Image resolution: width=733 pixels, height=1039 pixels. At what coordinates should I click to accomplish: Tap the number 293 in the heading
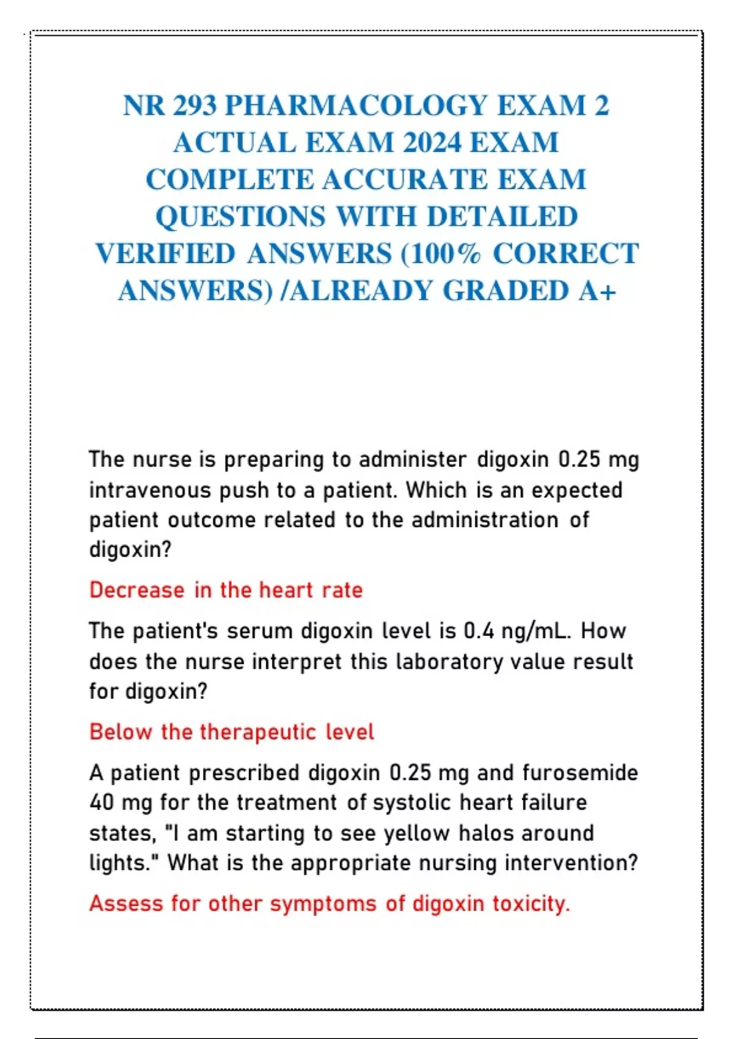tap(194, 106)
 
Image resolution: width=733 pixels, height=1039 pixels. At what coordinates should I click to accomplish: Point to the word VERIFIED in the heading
tap(165, 254)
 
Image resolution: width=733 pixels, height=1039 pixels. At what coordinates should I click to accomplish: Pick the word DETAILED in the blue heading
tap(502, 216)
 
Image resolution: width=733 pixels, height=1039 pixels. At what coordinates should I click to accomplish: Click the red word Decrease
tap(137, 590)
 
